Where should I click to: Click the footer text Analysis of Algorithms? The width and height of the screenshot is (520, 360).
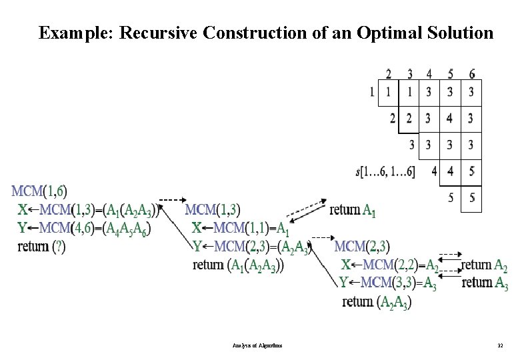[258, 346]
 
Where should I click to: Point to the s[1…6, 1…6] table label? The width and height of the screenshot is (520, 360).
[385, 172]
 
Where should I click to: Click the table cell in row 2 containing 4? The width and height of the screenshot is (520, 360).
[451, 119]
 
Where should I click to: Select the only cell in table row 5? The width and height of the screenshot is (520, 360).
[471, 198]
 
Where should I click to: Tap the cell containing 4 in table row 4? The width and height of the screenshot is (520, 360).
[451, 172]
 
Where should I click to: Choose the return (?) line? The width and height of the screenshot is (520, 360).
[41, 246]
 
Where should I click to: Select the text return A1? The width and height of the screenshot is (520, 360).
[353, 211]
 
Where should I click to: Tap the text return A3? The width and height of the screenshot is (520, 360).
[485, 283]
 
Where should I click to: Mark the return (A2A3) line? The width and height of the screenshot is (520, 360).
[377, 302]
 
